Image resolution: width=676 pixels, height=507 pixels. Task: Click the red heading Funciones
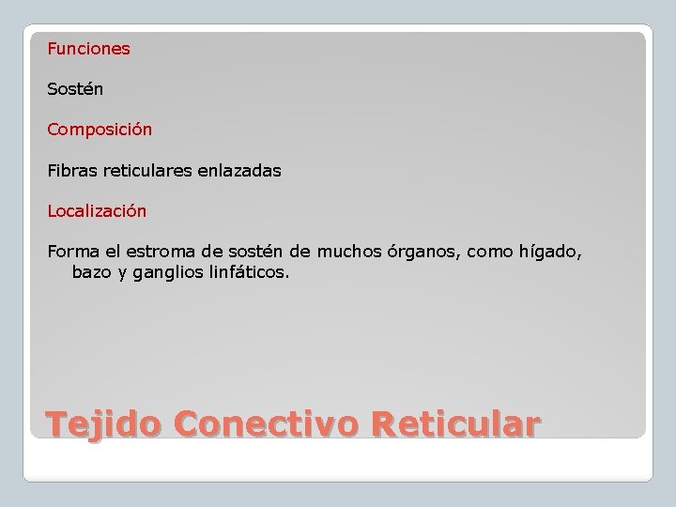[x=89, y=49]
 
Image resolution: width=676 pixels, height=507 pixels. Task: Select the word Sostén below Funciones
[x=75, y=90]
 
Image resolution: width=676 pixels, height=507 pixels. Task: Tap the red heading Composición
[x=100, y=131]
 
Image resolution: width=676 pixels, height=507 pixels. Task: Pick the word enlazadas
[x=238, y=172]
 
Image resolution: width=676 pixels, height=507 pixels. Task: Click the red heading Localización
[x=97, y=212]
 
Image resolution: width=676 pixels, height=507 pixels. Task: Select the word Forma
[x=71, y=253]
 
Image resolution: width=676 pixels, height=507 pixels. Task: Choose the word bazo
[x=90, y=273]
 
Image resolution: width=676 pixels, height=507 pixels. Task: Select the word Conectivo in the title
[x=266, y=424]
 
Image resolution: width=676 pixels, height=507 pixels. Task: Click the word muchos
[x=350, y=253]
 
